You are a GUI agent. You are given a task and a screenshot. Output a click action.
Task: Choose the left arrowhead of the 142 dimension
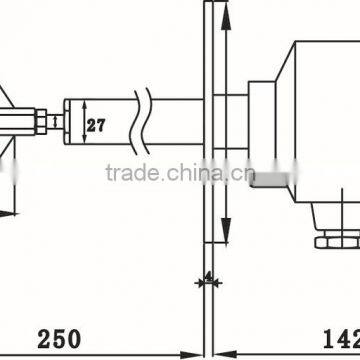point(222,352)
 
